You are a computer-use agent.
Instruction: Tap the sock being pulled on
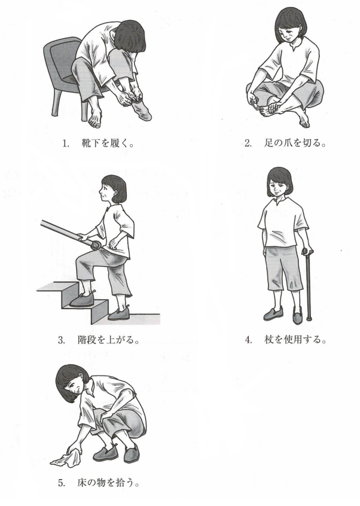click(x=141, y=109)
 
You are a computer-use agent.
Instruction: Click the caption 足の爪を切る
click(x=295, y=143)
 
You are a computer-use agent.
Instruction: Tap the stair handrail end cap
click(x=96, y=245)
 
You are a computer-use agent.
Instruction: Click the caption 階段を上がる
click(x=109, y=340)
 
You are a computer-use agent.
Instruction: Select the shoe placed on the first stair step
click(x=82, y=300)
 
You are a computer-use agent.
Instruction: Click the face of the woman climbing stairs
click(x=106, y=193)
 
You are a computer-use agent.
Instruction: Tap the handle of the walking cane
click(x=307, y=251)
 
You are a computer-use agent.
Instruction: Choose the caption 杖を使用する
click(x=295, y=340)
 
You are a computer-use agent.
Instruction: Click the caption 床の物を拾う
click(x=109, y=483)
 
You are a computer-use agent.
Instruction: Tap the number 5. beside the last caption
click(x=62, y=483)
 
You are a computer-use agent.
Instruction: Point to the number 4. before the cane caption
click(x=248, y=340)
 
